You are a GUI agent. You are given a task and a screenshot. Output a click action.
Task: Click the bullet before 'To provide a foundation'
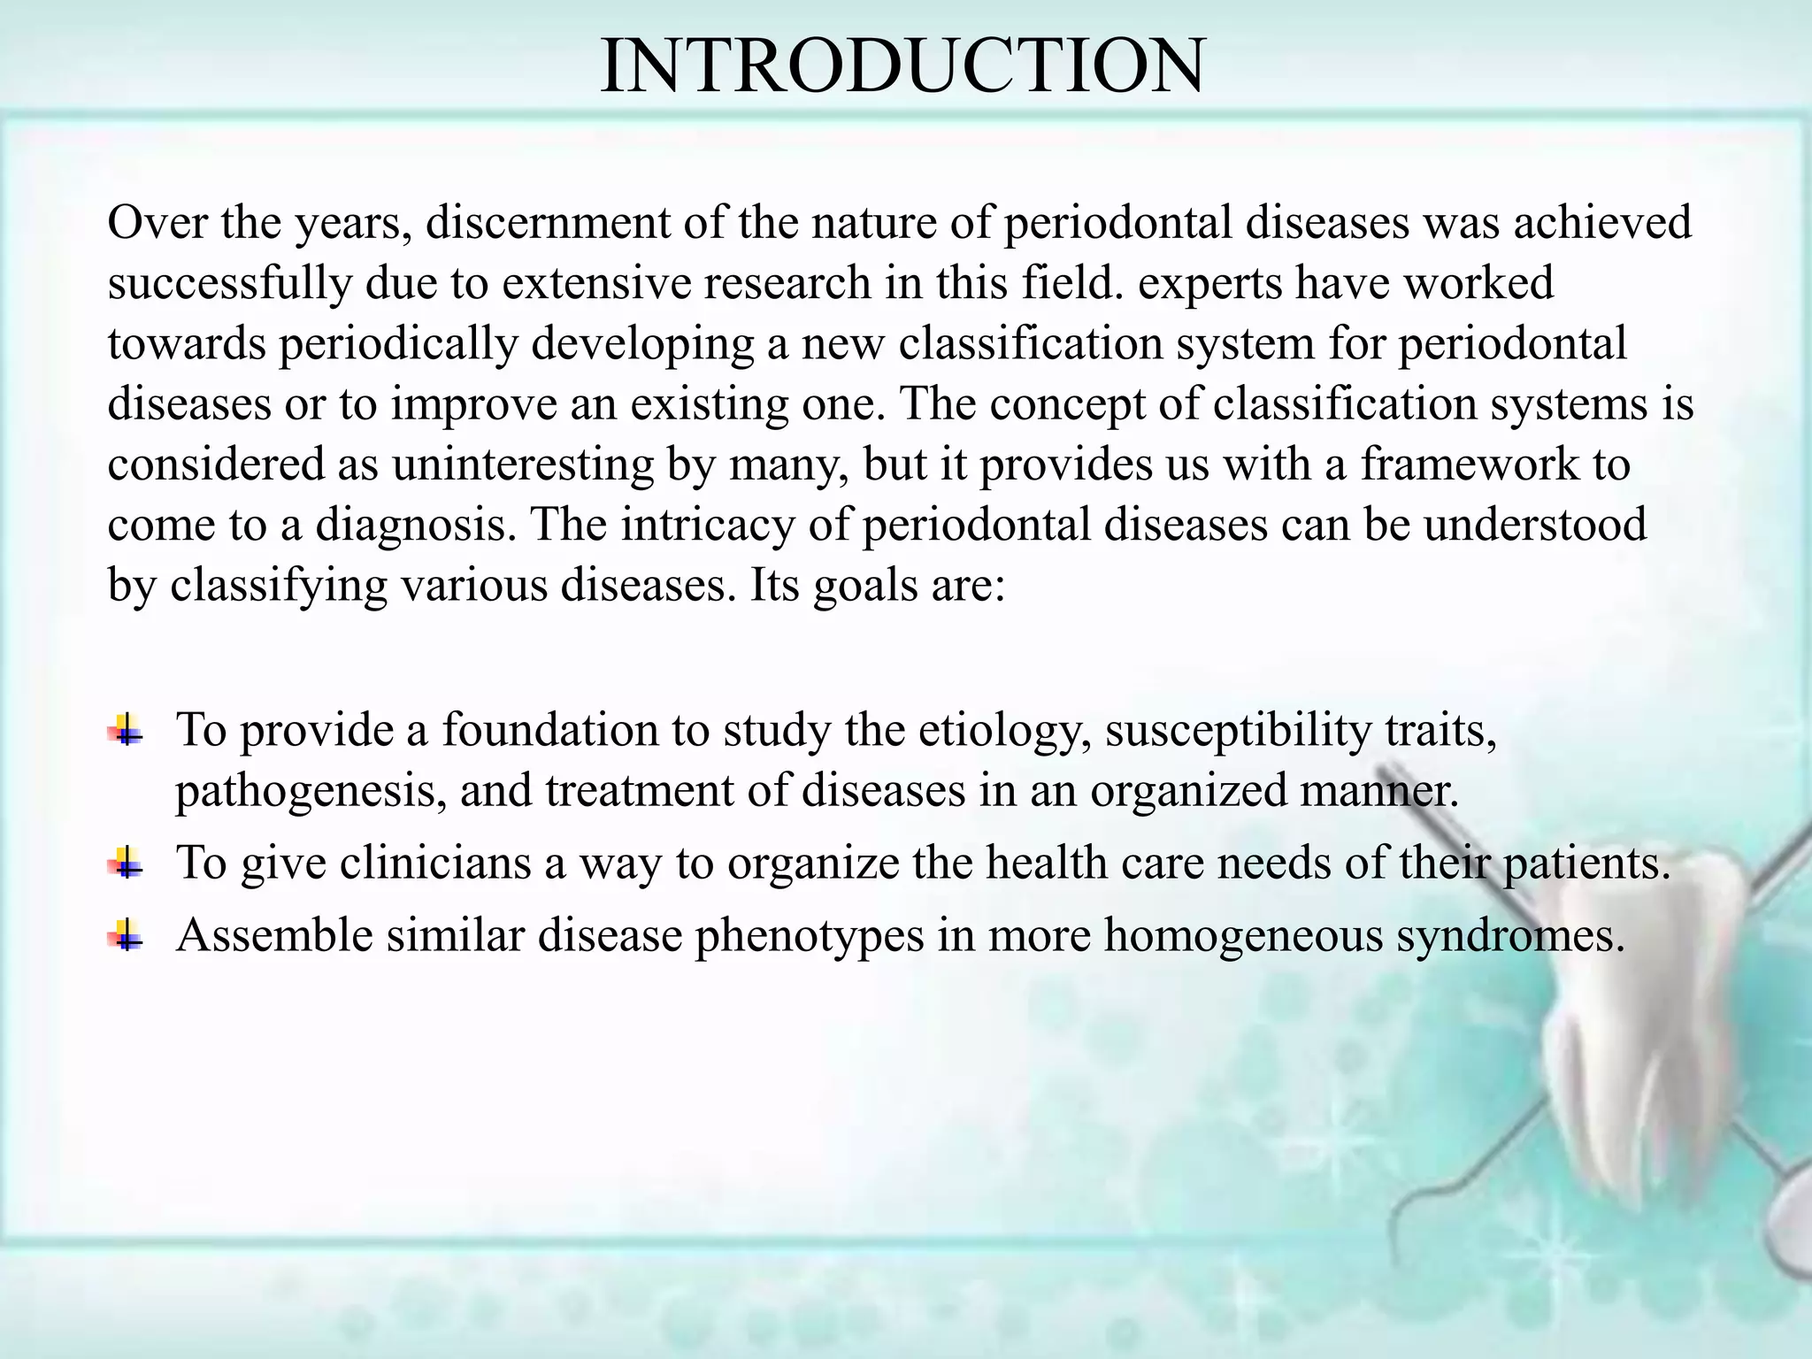pyautogui.click(x=127, y=731)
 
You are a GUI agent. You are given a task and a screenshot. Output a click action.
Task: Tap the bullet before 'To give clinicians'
pyautogui.click(x=127, y=863)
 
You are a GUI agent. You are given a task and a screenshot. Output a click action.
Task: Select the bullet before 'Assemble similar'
pyautogui.click(x=127, y=935)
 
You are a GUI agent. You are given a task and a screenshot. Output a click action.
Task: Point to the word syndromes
pyautogui.click(x=1510, y=935)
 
